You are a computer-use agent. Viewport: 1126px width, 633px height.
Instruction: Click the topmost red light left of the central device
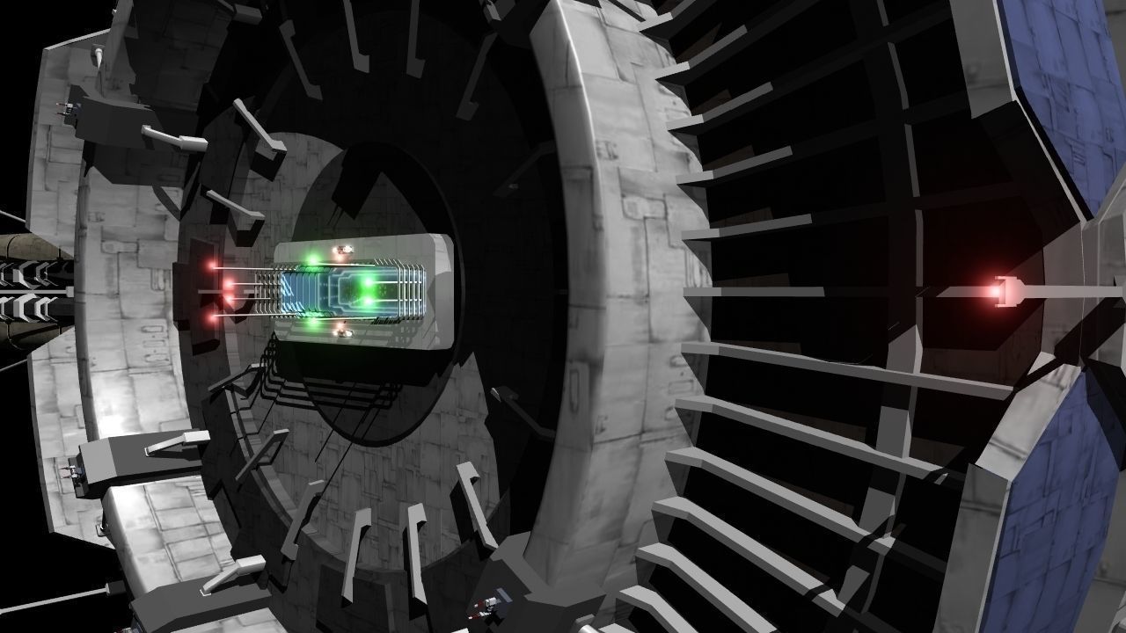point(212,265)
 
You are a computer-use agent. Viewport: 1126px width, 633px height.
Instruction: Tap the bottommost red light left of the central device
point(213,314)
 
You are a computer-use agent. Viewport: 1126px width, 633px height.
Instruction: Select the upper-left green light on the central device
point(311,259)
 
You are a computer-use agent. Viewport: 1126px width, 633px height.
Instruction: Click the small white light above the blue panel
point(342,252)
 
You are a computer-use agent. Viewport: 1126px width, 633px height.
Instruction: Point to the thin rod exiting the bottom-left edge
point(53,602)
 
